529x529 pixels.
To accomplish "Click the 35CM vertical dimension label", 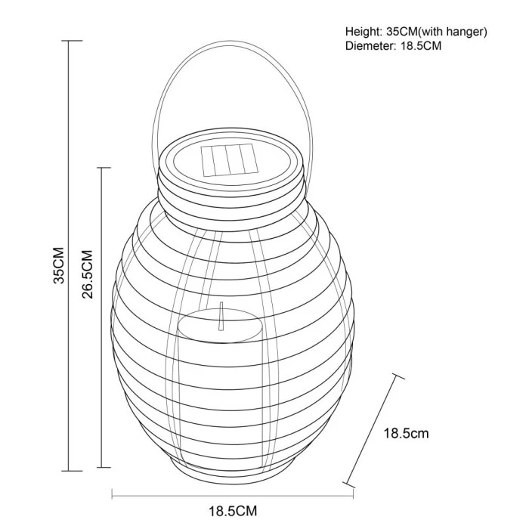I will [59, 265].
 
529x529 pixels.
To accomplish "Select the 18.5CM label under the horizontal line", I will [233, 512].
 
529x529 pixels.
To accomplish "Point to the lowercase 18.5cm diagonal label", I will [407, 433].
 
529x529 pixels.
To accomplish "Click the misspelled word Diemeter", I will [368, 46].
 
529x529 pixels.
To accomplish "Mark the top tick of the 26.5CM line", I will [101, 168].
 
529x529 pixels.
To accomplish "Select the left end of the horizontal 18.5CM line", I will [113, 495].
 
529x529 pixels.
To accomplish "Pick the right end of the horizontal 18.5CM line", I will [353, 495].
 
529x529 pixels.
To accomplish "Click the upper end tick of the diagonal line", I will [398, 375].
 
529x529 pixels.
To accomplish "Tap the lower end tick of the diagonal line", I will [348, 483].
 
